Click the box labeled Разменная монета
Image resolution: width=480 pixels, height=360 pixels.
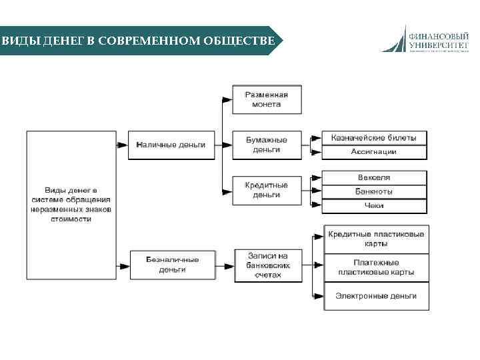pyautogui.click(x=266, y=99)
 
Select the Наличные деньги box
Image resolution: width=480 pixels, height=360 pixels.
pyautogui.click(x=171, y=145)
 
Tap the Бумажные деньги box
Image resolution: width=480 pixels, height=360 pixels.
pyautogui.click(x=266, y=145)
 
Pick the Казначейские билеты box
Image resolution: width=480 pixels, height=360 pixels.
pyautogui.click(x=373, y=138)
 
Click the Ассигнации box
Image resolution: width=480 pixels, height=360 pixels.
pyautogui.click(x=373, y=152)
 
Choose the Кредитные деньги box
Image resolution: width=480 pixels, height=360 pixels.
pyautogui.click(x=266, y=190)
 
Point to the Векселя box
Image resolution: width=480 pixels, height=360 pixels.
pyautogui.click(x=373, y=177)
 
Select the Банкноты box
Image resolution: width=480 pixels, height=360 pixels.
pyautogui.click(x=373, y=191)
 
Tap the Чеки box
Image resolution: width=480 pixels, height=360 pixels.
pyautogui.click(x=373, y=206)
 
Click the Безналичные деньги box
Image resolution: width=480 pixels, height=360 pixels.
pyautogui.click(x=172, y=265)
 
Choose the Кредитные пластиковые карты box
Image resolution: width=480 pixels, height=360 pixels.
pyautogui.click(x=377, y=239)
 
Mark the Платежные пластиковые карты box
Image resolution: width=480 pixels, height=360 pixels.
pyautogui.click(x=377, y=267)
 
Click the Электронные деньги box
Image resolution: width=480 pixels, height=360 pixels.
pyautogui.click(x=377, y=295)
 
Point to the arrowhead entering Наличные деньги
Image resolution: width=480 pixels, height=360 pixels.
pyautogui.click(x=123, y=145)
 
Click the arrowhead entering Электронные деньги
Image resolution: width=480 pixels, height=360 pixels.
pyautogui.click(x=320, y=295)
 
